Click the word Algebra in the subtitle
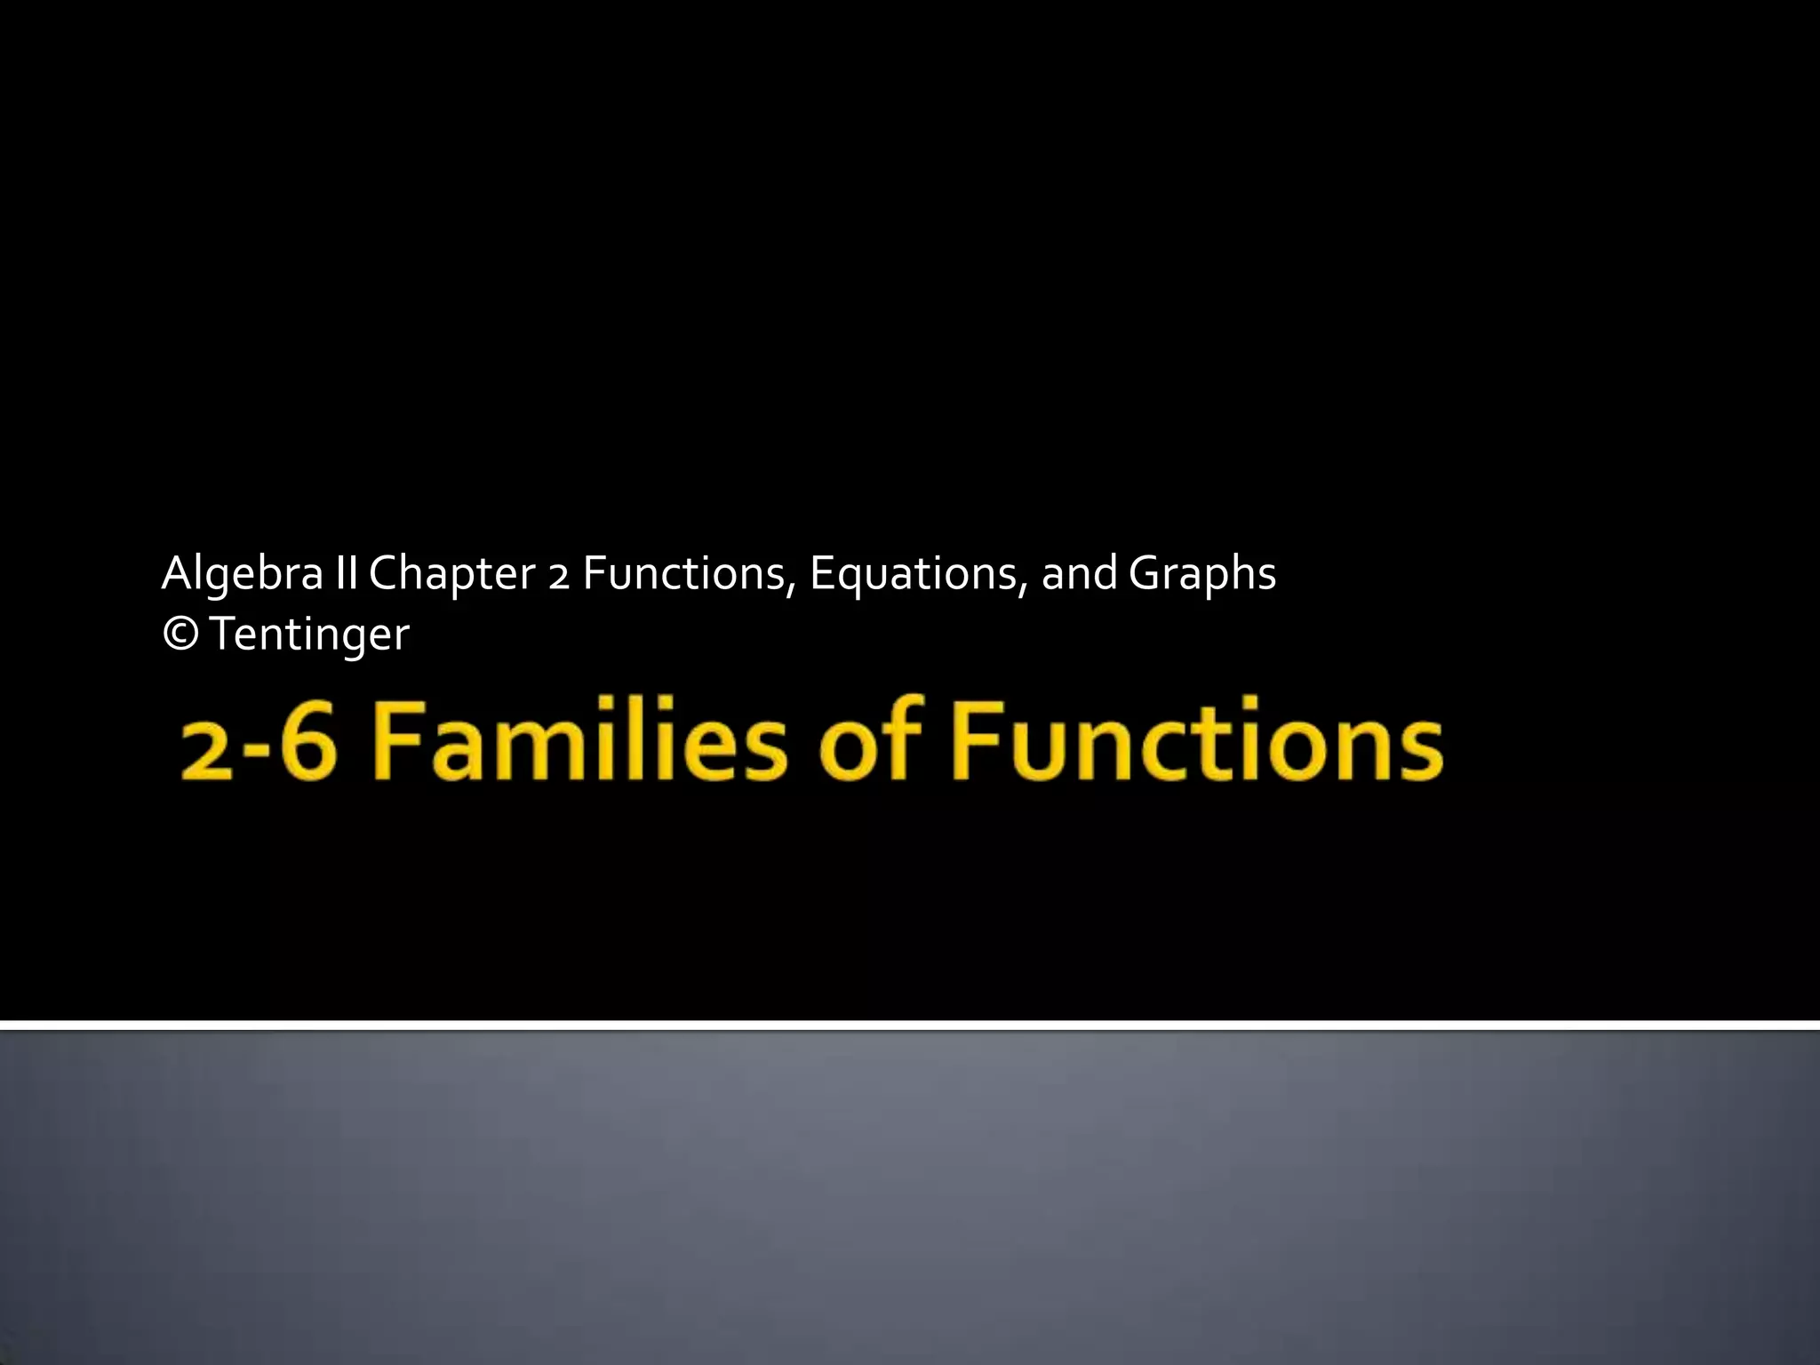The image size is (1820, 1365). [x=242, y=574]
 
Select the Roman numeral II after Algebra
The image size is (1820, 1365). [x=347, y=572]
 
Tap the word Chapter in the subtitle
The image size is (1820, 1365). [x=451, y=574]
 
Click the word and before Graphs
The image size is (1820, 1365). [x=1079, y=572]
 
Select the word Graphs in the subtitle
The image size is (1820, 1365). [x=1202, y=574]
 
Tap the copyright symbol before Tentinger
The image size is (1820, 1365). [x=181, y=635]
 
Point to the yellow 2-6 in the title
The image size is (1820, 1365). [x=259, y=741]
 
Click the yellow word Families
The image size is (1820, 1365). [x=579, y=739]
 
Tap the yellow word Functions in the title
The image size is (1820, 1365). [x=1196, y=739]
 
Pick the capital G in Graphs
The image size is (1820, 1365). [x=1145, y=572]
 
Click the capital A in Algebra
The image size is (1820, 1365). [x=177, y=572]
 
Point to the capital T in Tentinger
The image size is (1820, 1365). [x=223, y=635]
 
